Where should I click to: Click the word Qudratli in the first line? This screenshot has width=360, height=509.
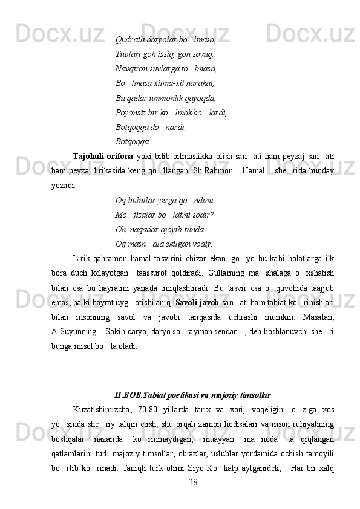(128, 39)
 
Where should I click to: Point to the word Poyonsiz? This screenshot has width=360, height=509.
(130, 112)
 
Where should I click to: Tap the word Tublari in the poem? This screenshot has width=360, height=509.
(127, 54)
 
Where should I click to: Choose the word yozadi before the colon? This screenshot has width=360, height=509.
(62, 186)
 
